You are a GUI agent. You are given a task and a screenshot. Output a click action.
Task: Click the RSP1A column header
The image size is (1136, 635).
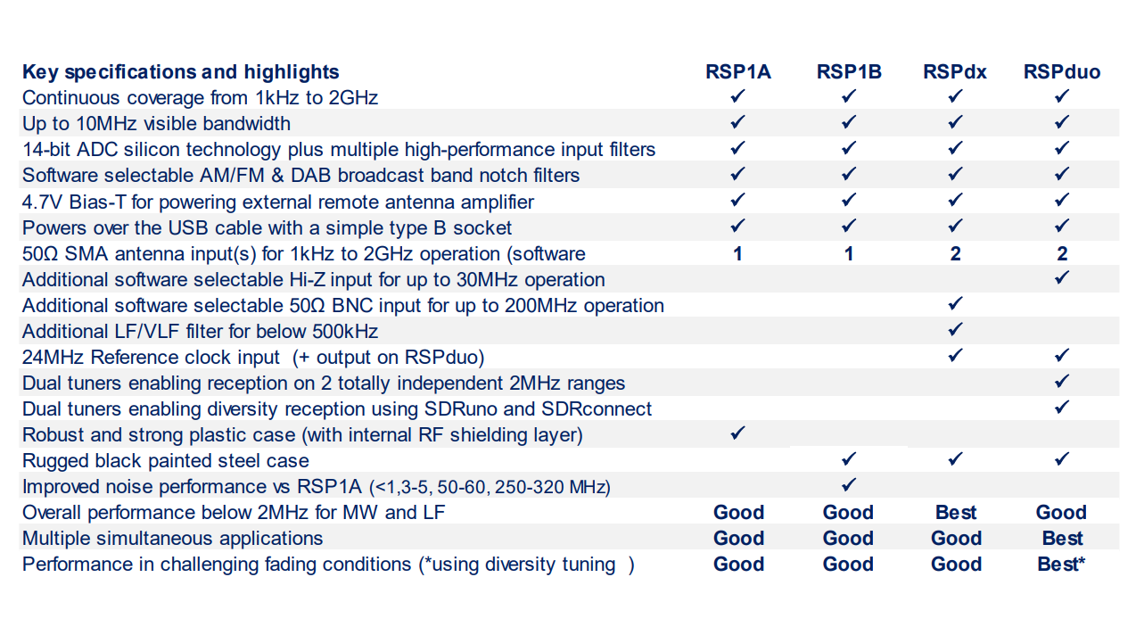[x=738, y=72]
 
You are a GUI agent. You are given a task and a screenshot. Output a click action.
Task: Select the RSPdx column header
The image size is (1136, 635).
[x=955, y=72]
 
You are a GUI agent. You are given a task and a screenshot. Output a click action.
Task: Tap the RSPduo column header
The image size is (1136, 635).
[x=1061, y=72]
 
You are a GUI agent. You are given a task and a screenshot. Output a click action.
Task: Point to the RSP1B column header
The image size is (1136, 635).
[x=849, y=72]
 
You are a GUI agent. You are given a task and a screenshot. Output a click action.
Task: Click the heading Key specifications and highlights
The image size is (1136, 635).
[x=181, y=72]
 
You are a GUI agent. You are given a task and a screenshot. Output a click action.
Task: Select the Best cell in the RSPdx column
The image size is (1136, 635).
[x=956, y=513]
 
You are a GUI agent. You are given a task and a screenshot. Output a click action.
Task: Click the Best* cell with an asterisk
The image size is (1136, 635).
[x=1061, y=565]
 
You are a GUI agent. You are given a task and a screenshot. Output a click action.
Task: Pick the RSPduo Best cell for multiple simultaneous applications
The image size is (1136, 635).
[x=1062, y=539]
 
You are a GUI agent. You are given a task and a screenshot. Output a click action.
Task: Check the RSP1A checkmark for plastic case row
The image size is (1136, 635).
[x=737, y=433]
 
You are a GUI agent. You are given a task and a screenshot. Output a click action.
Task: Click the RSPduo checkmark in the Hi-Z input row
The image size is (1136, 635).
[x=1061, y=278]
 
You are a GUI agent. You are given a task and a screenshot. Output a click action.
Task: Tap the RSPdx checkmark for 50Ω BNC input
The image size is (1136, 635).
[x=955, y=304]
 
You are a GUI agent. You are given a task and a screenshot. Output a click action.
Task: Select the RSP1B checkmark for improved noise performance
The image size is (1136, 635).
[x=849, y=485]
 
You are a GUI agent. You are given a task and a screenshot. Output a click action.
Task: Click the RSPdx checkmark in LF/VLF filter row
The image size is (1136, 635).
[x=955, y=330]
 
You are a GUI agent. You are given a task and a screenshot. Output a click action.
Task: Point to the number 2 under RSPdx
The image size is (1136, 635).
[x=955, y=254]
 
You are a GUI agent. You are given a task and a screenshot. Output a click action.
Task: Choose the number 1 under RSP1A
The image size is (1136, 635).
[x=737, y=254]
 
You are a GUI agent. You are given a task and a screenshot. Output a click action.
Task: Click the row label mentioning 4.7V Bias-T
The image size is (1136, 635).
[x=278, y=202]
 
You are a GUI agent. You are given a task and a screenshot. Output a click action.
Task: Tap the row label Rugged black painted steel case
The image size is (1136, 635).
[x=166, y=461]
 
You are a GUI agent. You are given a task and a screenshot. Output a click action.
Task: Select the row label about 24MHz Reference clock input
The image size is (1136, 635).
[x=253, y=358]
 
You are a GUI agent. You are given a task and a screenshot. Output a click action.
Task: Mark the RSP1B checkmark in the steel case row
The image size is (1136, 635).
[x=849, y=459]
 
